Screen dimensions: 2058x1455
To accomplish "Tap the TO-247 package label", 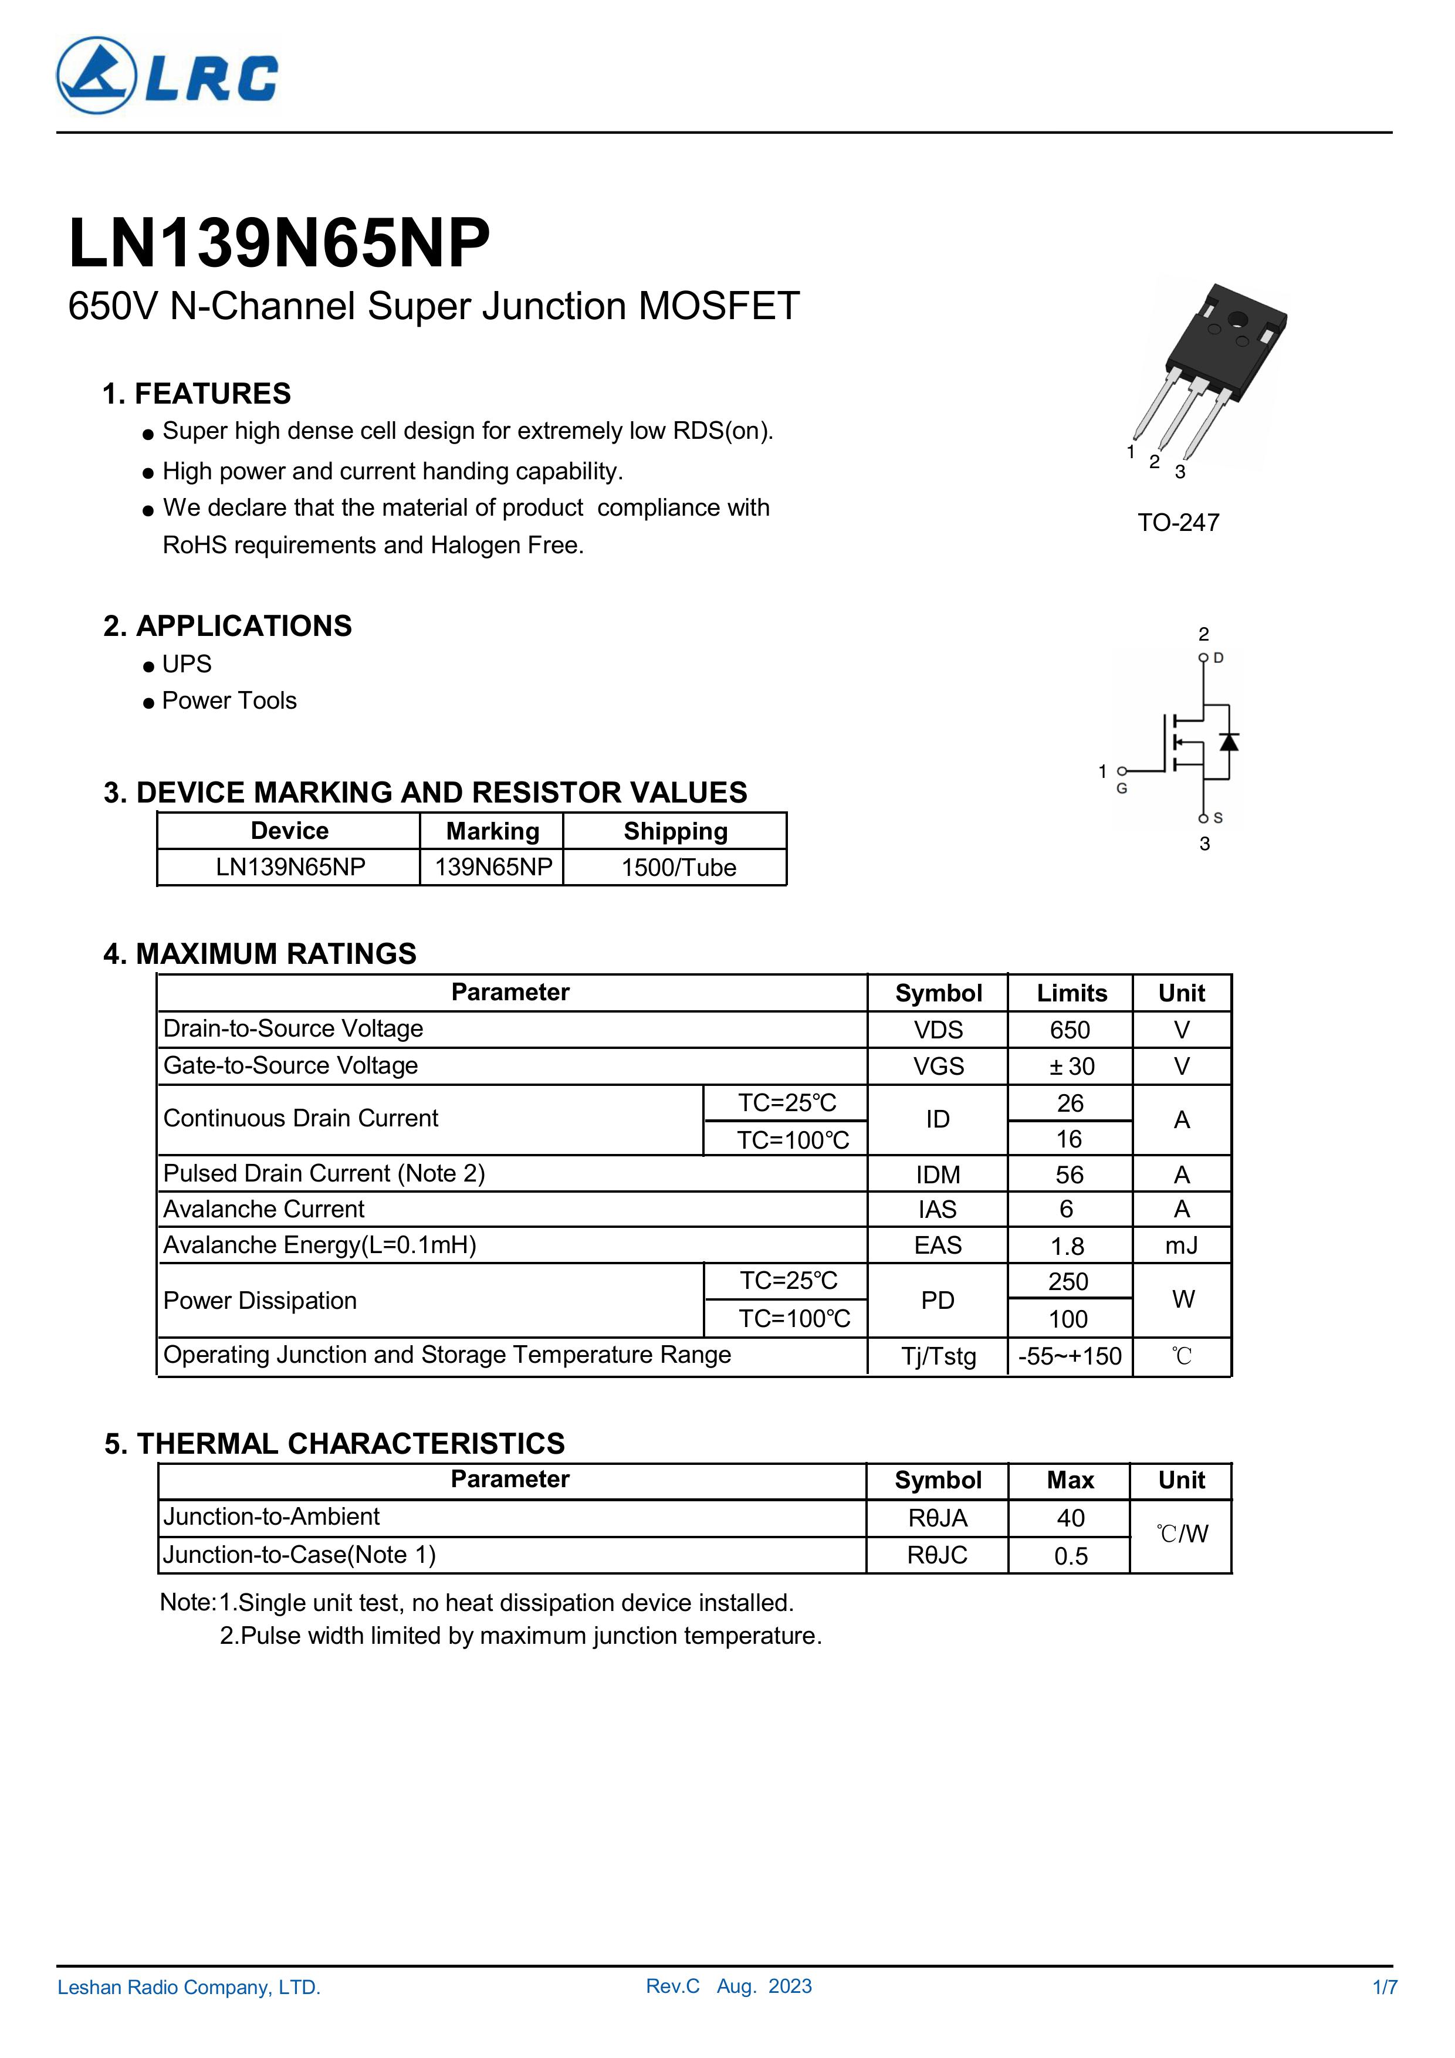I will [1178, 523].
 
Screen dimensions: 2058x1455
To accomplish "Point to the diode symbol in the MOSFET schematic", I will [1229, 742].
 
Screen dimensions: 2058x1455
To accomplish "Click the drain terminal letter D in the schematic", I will [1219, 658].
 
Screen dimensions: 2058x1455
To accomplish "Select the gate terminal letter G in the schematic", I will [1122, 789].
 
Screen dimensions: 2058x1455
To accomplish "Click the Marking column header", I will [492, 831].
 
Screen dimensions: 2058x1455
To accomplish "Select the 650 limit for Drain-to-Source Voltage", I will [1070, 1030].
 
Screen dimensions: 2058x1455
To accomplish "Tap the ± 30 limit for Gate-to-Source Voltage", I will [1070, 1067].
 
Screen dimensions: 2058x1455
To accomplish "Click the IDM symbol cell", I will [938, 1174].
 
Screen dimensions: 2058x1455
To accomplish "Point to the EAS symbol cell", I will [938, 1245].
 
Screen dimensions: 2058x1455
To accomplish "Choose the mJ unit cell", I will [1182, 1245].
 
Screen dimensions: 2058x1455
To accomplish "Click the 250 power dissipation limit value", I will [1068, 1282].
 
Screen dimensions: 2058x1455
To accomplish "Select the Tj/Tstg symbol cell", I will [938, 1356].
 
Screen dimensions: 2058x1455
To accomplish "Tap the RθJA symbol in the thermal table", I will [938, 1518].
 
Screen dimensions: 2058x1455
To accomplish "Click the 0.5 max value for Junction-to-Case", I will [1070, 1556].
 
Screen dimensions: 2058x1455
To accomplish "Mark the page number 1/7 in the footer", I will [1384, 1987].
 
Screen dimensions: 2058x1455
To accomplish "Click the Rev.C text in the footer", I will [672, 1986].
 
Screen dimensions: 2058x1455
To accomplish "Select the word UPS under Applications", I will [187, 664].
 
